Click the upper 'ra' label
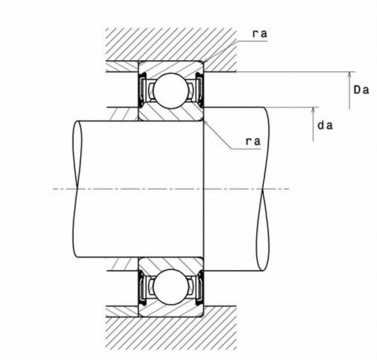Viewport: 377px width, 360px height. pyautogui.click(x=260, y=34)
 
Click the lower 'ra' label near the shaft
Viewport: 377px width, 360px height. pyautogui.click(x=253, y=141)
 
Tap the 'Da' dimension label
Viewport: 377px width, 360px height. pyautogui.click(x=361, y=90)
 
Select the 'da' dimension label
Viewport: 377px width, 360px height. pyautogui.click(x=325, y=125)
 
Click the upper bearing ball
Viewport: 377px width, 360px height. pyautogui.click(x=171, y=91)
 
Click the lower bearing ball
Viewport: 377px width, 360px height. pyautogui.click(x=171, y=287)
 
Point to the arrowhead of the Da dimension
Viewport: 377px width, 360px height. pyautogui.click(x=350, y=74)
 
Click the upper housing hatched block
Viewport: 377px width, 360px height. pyautogui.click(x=171, y=45)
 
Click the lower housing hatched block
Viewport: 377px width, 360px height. pyautogui.click(x=171, y=333)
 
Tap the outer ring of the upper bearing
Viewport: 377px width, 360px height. pyautogui.click(x=171, y=66)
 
